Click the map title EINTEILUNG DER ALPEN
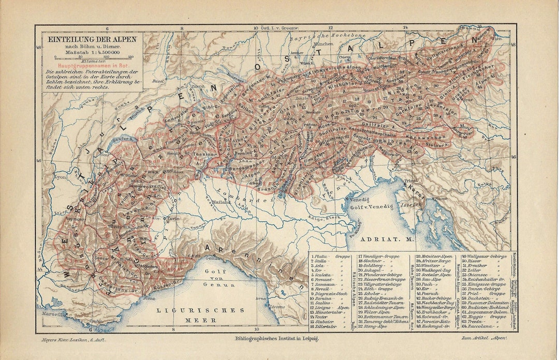tap(92, 39)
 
